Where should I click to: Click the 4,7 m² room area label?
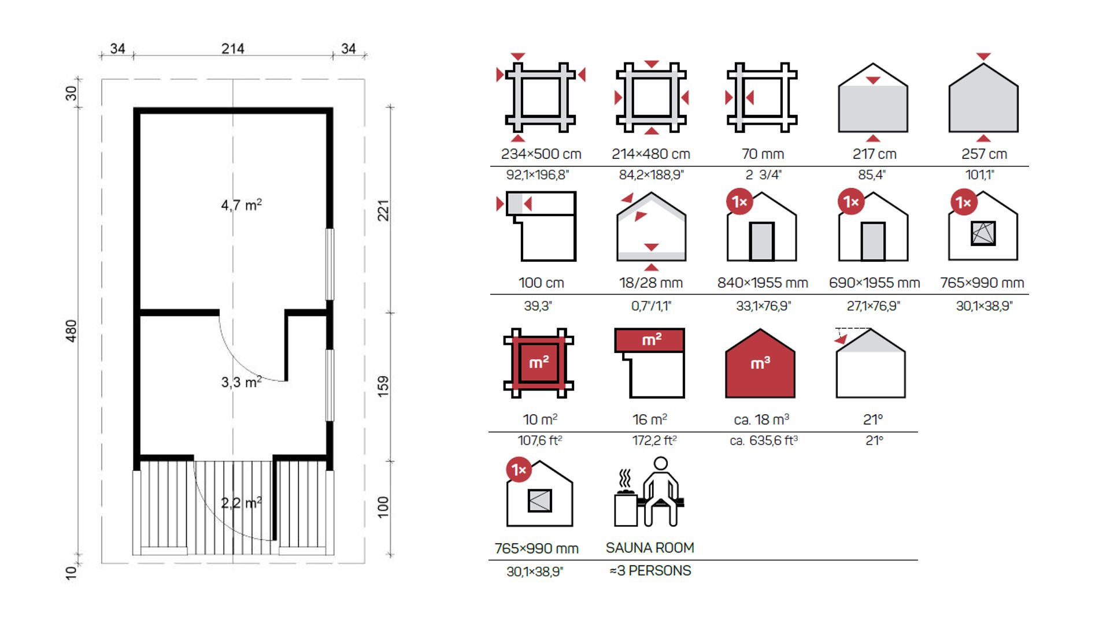pos(241,205)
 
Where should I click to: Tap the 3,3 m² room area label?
pos(241,382)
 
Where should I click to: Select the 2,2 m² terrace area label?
pos(241,503)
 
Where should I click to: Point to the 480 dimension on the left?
pos(71,331)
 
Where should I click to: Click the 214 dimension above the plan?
pos(233,49)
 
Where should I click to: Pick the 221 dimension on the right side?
pos(383,211)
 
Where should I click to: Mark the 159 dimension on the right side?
pos(383,386)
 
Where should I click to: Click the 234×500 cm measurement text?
pos(541,154)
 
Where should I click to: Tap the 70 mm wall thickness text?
pos(763,154)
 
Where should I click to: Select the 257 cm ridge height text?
pos(984,154)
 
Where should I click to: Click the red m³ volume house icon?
pos(760,363)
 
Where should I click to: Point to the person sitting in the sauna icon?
pos(661,492)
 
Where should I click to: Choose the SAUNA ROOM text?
pos(650,548)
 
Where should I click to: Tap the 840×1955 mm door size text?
pos(763,283)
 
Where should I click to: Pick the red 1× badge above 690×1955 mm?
pos(851,202)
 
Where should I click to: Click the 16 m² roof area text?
pos(650,419)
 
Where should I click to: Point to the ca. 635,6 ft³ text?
pos(763,441)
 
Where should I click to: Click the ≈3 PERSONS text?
pos(650,571)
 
